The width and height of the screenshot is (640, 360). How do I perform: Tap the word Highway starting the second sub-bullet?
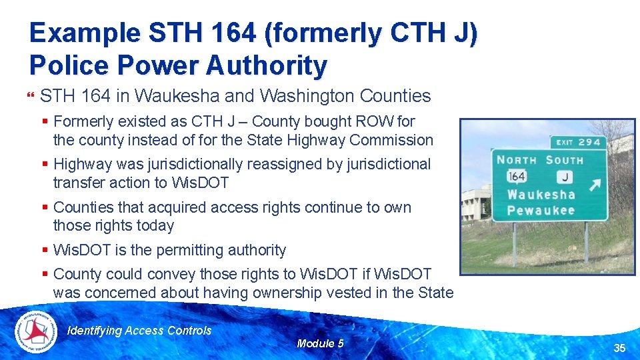pos(81,164)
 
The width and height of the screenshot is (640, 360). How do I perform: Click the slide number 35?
pos(619,348)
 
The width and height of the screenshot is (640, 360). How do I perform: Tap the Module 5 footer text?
pos(320,343)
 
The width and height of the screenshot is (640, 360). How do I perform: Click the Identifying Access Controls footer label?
pos(140,331)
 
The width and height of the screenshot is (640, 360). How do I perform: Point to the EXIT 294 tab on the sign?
pos(578,142)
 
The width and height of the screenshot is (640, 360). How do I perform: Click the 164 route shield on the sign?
pos(517,176)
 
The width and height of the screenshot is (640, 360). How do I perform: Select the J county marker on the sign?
pos(565,177)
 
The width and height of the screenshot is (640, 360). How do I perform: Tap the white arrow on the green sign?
pos(594,184)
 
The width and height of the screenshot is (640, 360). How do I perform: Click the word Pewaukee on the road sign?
pos(541,211)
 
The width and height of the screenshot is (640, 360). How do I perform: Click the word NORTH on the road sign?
pos(516,160)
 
